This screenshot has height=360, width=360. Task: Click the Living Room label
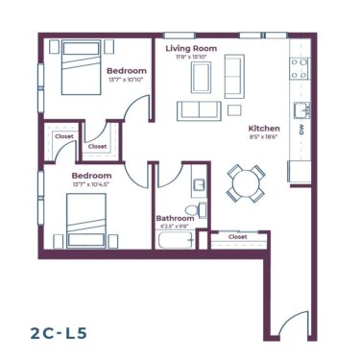coord(190,48)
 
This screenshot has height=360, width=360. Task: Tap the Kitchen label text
coord(264,128)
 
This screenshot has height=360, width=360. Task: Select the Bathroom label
coord(175,219)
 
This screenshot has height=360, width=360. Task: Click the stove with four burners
coord(300,68)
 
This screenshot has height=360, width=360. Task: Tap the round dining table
coord(246,182)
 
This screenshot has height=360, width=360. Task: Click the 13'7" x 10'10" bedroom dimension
coord(126,81)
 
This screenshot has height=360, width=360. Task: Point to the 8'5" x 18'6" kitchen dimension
coord(263,137)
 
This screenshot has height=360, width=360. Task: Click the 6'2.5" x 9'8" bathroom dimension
coord(175,228)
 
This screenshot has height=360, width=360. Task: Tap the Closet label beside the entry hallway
coord(237,236)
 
